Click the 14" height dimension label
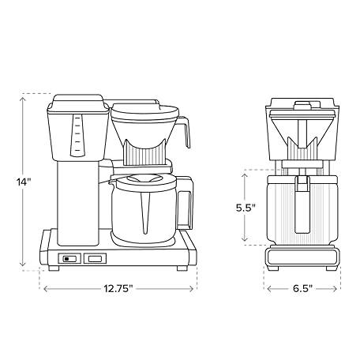pyautogui.click(x=24, y=182)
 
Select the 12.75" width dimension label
pyautogui.click(x=118, y=289)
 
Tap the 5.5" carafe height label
pyautogui.click(x=246, y=208)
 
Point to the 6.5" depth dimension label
pyautogui.click(x=302, y=289)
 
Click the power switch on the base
pyautogui.click(x=69, y=259)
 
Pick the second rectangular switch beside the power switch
pyautogui.click(x=95, y=259)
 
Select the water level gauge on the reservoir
pyautogui.click(x=77, y=135)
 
